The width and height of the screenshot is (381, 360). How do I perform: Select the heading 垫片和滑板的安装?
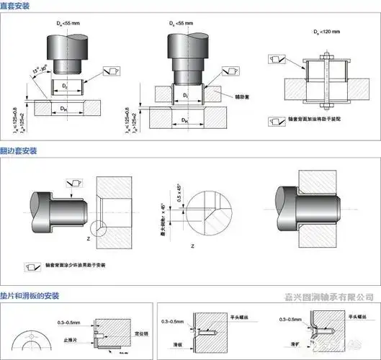(x=30, y=295)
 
